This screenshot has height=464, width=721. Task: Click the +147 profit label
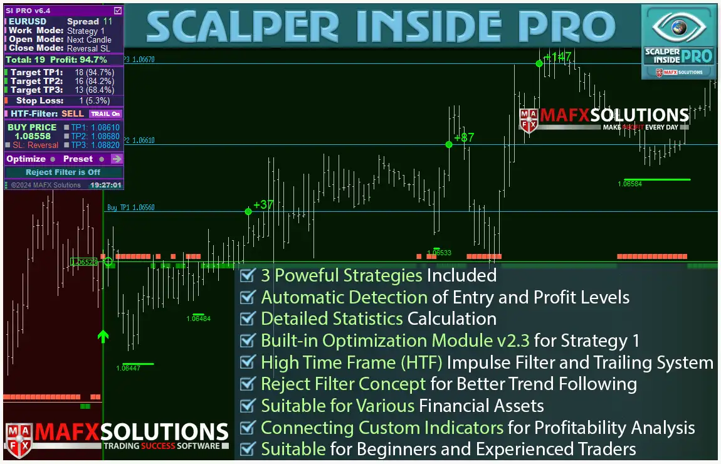557,57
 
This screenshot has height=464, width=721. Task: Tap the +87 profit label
464,137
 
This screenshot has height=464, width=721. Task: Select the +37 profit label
263,204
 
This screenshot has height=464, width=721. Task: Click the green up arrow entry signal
103,336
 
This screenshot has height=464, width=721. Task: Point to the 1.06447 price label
128,369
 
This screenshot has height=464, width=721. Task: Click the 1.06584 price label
629,184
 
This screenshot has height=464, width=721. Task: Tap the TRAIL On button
105,114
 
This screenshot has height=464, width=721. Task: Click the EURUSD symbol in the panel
28,21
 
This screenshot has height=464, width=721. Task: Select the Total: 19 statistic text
25,60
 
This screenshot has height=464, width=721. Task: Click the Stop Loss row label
39,100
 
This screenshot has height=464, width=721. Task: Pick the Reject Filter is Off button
63,172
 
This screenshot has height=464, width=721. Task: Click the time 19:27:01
105,185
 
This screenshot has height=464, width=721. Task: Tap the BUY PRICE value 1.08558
33,136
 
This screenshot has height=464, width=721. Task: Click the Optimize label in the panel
26,159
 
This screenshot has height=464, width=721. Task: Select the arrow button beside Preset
117,159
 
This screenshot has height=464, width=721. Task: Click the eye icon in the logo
679,27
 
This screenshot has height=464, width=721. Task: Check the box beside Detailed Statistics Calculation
248,319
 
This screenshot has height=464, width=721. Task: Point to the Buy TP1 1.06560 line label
130,208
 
